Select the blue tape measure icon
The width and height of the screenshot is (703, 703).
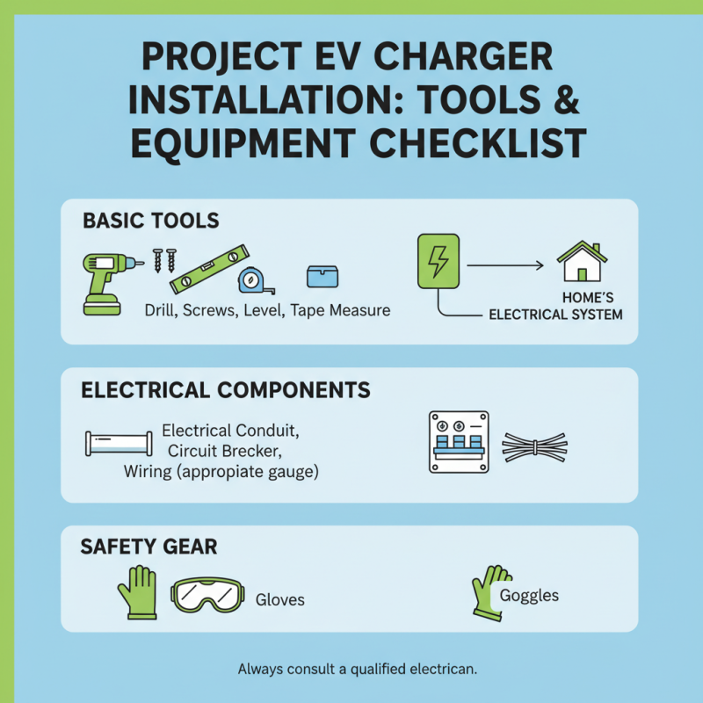[x=250, y=280]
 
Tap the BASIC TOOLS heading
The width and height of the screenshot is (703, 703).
[x=150, y=221]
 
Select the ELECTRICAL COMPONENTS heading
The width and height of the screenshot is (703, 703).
[x=226, y=390]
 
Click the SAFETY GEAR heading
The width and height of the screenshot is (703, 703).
[x=149, y=547]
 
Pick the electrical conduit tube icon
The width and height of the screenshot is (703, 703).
[x=119, y=443]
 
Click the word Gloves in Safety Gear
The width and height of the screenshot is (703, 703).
[x=279, y=600]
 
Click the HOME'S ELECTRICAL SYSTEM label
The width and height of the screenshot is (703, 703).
[x=555, y=306]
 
